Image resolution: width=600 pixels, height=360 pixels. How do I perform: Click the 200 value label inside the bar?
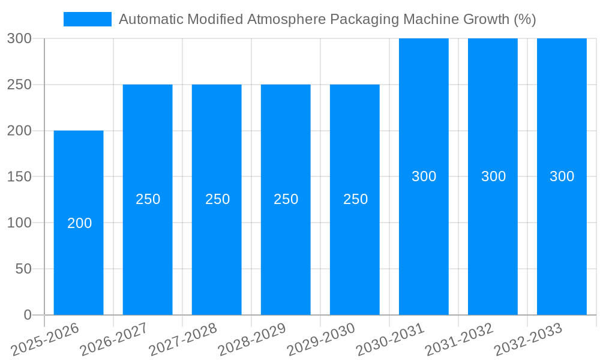point(80,223)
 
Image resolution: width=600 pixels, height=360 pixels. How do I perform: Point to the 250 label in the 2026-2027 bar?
point(148,199)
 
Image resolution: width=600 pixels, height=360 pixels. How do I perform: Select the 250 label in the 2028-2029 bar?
point(286,199)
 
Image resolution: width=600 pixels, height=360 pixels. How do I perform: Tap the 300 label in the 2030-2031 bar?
point(424,176)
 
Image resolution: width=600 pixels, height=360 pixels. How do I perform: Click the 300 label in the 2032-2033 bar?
point(562,176)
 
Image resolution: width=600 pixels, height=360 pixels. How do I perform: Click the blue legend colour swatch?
point(88,19)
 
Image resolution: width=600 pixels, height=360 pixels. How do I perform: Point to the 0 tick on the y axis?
point(28,315)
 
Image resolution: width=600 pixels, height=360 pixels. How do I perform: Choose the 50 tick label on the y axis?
point(23,269)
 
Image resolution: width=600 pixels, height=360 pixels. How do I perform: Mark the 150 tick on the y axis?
point(19,177)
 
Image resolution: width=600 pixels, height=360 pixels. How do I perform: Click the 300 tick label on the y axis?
point(19,39)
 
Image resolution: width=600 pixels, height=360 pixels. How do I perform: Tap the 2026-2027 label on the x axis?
point(115,340)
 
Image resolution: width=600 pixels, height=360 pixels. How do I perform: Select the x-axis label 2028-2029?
point(253,340)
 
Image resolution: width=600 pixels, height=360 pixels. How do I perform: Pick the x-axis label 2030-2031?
point(391,340)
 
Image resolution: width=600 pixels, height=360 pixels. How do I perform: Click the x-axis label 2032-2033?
point(529,340)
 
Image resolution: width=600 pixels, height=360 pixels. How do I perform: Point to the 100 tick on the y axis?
point(19,223)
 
